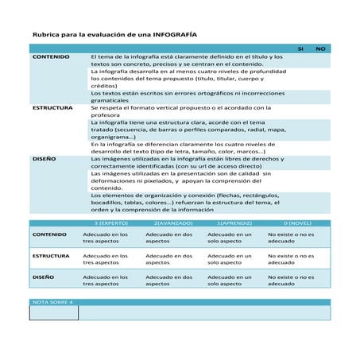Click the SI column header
click(300, 49)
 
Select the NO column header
click(320, 49)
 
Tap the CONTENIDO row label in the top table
click(50, 58)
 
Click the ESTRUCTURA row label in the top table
click(52, 107)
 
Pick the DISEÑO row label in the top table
click(44, 159)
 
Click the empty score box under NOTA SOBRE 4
click(54, 313)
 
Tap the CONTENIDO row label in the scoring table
click(49, 235)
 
